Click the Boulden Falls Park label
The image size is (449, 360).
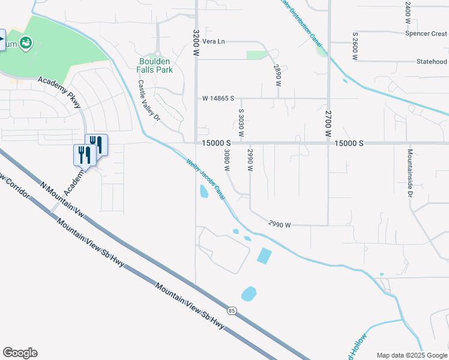click(x=155, y=65)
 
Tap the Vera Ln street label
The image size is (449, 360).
click(x=213, y=41)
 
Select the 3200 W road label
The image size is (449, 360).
click(x=196, y=43)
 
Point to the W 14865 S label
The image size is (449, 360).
click(x=218, y=98)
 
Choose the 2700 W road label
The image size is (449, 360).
click(x=328, y=124)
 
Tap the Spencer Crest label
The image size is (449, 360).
click(x=426, y=34)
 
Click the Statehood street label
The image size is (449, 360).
click(x=432, y=61)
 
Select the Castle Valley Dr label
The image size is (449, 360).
click(x=149, y=100)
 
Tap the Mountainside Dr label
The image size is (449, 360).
click(x=411, y=173)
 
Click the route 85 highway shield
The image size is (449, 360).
click(x=232, y=310)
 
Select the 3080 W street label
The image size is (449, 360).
click(x=227, y=160)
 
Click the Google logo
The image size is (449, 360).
click(x=20, y=353)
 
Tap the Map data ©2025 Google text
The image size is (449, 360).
click(x=412, y=355)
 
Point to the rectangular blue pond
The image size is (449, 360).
click(x=264, y=256)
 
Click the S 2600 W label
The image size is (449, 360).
click(x=355, y=47)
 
